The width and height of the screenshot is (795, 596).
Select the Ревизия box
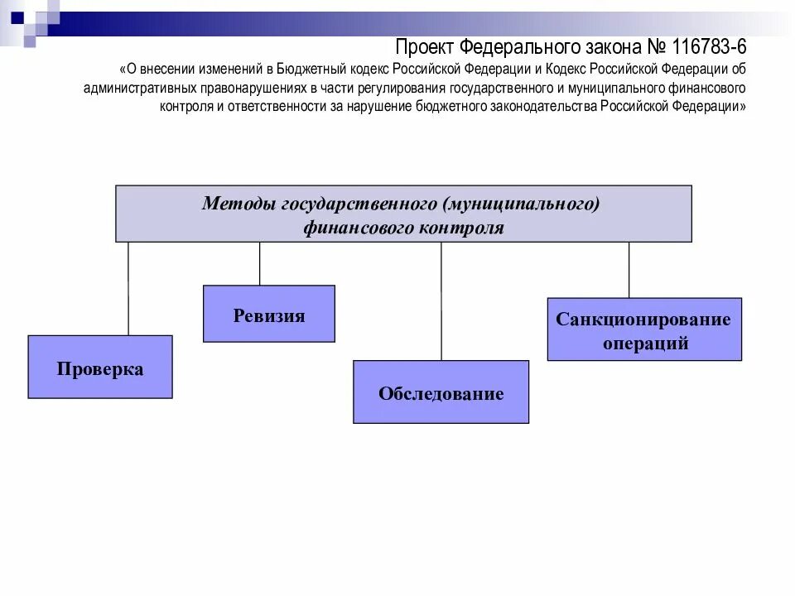point(269,314)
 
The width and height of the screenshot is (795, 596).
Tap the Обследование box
point(441,392)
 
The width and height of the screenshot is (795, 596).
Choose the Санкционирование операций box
point(644,329)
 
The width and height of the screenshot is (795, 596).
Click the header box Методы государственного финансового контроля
point(403,214)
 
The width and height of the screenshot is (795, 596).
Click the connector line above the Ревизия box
point(260,263)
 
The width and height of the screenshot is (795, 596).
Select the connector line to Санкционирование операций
point(629,270)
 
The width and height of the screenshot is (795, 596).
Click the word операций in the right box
point(644,344)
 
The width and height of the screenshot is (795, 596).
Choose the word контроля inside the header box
point(462,228)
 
